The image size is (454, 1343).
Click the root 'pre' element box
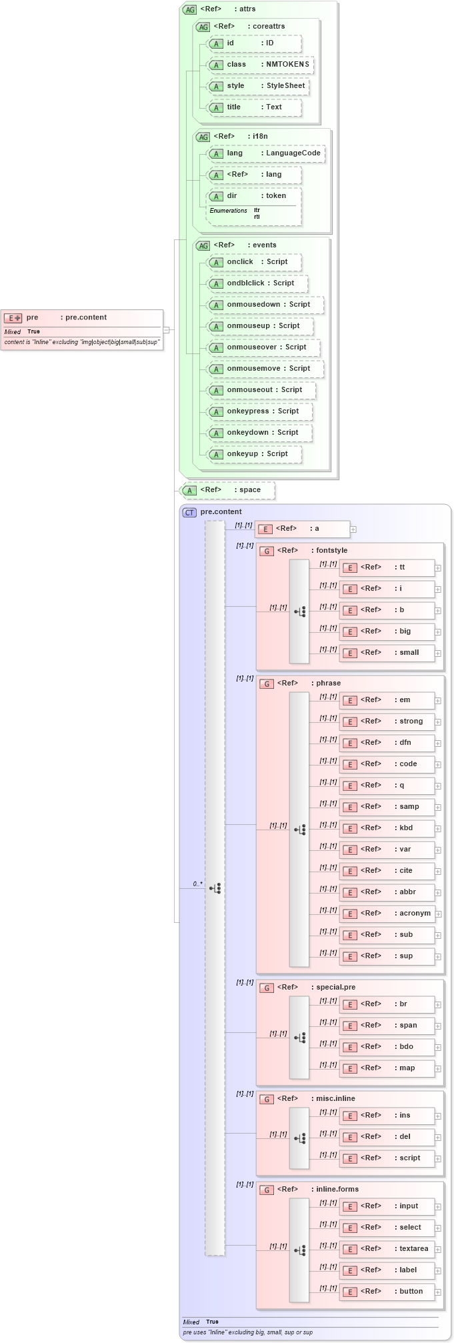81,318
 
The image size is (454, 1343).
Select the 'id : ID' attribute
254,43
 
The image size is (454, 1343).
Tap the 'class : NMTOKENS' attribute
260,65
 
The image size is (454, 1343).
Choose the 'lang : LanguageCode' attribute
266,153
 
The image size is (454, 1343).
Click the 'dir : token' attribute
254,196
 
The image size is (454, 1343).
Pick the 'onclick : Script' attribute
254,262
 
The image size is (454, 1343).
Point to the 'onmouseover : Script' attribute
263,347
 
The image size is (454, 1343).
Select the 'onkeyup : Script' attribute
254,454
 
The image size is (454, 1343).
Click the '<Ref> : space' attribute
227,490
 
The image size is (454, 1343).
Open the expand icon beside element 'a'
353,529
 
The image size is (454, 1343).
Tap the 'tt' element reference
387,567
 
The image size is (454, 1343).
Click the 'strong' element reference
387,722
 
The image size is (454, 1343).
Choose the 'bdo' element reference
387,1047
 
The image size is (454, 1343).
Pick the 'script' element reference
387,1158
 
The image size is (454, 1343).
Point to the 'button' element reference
387,1292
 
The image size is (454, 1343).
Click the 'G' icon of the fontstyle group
267,551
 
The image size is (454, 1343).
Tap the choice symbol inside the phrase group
299,830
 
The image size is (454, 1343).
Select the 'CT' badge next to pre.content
189,512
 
